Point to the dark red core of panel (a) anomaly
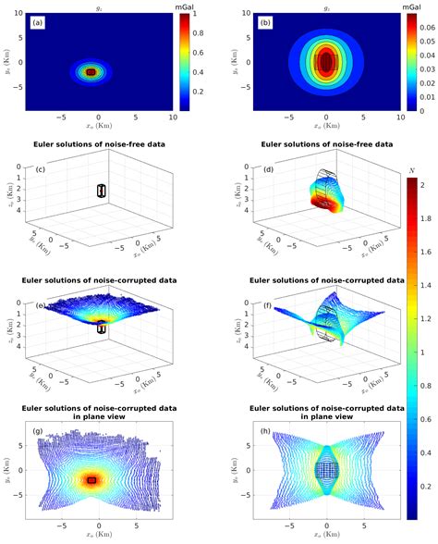[91, 70]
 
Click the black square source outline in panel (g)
[91, 478]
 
